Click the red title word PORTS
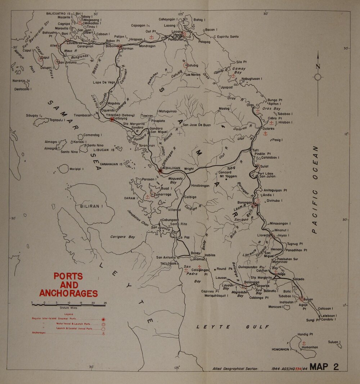[68, 276]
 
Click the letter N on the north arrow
[318, 66]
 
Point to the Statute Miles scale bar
[68, 305]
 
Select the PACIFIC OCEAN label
[315, 189]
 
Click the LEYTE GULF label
[233, 327]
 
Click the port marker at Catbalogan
[161, 171]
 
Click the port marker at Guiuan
[302, 299]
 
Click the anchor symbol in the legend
[103, 333]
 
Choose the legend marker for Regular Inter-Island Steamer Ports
[103, 320]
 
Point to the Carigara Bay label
[122, 237]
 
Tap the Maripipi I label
[77, 169]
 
